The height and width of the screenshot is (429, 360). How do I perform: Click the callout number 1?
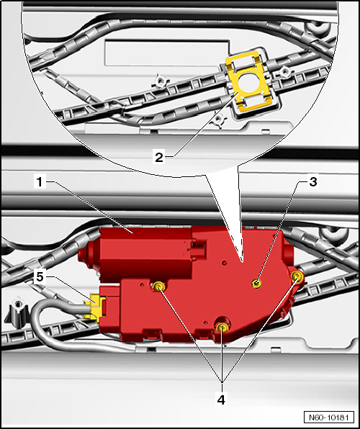(40, 182)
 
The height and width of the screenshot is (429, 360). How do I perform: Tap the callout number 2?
(159, 158)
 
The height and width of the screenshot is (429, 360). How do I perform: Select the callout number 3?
(313, 181)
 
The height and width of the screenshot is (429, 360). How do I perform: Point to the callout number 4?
(221, 399)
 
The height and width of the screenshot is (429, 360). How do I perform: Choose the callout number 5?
(40, 277)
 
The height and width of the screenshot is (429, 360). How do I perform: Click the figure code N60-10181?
(328, 417)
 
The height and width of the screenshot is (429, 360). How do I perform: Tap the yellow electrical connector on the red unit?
(95, 307)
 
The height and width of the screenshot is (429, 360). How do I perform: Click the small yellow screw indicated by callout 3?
(256, 284)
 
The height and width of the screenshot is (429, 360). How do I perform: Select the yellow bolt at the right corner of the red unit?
(297, 277)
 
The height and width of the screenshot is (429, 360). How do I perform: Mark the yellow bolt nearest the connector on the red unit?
(158, 286)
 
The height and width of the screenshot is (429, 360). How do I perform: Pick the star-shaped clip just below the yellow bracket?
(219, 119)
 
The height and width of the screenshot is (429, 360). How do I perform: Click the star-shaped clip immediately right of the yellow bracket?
(284, 72)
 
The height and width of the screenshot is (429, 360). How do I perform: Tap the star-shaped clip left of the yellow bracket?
(161, 81)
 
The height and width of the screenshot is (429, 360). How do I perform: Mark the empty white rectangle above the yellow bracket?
(167, 53)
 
